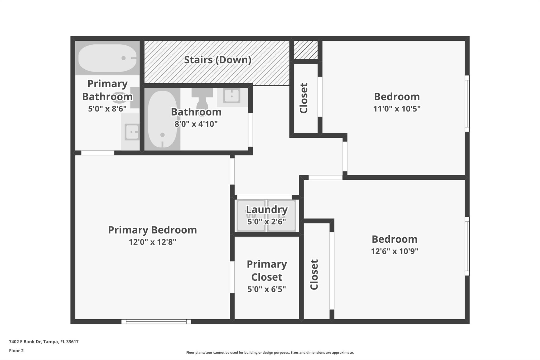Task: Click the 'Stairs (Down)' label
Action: pyautogui.click(x=218, y=60)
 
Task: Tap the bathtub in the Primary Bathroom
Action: pyautogui.click(x=107, y=58)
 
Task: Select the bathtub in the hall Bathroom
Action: pyautogui.click(x=162, y=119)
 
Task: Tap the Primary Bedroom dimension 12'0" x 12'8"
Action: pyautogui.click(x=152, y=242)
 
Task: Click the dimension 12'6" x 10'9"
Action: pyautogui.click(x=394, y=251)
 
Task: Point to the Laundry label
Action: pyautogui.click(x=267, y=210)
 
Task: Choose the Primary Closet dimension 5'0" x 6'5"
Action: pyautogui.click(x=267, y=289)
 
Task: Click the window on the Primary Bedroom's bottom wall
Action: pyautogui.click(x=156, y=321)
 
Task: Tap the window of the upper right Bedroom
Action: pyautogui.click(x=467, y=103)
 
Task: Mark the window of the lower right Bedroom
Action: pyautogui.click(x=467, y=246)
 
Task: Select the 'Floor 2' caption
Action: pyautogui.click(x=16, y=351)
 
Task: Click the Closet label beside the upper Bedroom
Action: pyautogui.click(x=304, y=98)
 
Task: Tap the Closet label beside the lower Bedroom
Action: pyautogui.click(x=314, y=274)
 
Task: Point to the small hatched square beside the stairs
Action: pyautogui.click(x=306, y=50)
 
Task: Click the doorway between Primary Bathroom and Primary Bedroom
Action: pyautogui.click(x=98, y=153)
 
